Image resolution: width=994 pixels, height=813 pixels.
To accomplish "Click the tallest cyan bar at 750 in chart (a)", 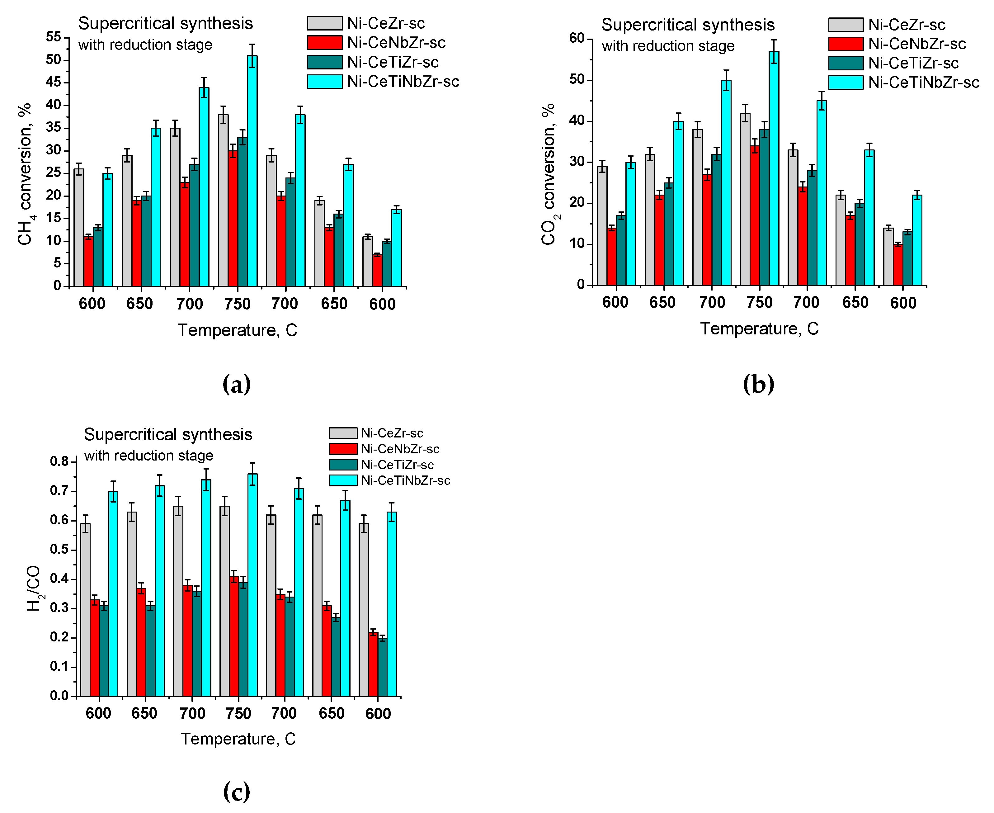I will point(252,171).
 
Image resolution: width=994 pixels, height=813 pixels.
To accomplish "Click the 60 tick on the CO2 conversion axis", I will point(577,38).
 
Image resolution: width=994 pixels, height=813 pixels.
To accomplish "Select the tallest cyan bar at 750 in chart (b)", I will point(774,168).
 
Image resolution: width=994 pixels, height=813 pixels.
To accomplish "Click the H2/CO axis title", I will point(34,588).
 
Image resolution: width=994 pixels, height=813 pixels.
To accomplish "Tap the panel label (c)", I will point(237,792).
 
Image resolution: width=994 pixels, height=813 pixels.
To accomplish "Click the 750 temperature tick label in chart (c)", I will point(238,713).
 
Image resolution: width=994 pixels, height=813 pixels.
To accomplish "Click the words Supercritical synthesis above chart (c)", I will point(168,435).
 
